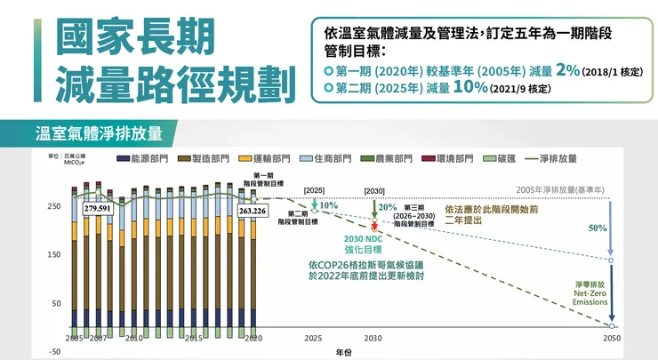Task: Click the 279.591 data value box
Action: pyautogui.click(x=97, y=208)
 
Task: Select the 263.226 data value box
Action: pyautogui.click(x=252, y=211)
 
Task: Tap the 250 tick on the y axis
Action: pyautogui.click(x=54, y=205)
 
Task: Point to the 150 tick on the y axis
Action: pyautogui.click(x=54, y=255)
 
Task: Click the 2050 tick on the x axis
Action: pyautogui.click(x=612, y=339)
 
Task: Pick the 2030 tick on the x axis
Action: pyautogui.click(x=373, y=339)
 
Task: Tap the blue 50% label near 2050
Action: pyautogui.click(x=597, y=228)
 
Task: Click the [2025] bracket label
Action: pyautogui.click(x=314, y=190)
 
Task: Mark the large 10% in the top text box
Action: pyautogui.click(x=469, y=87)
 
